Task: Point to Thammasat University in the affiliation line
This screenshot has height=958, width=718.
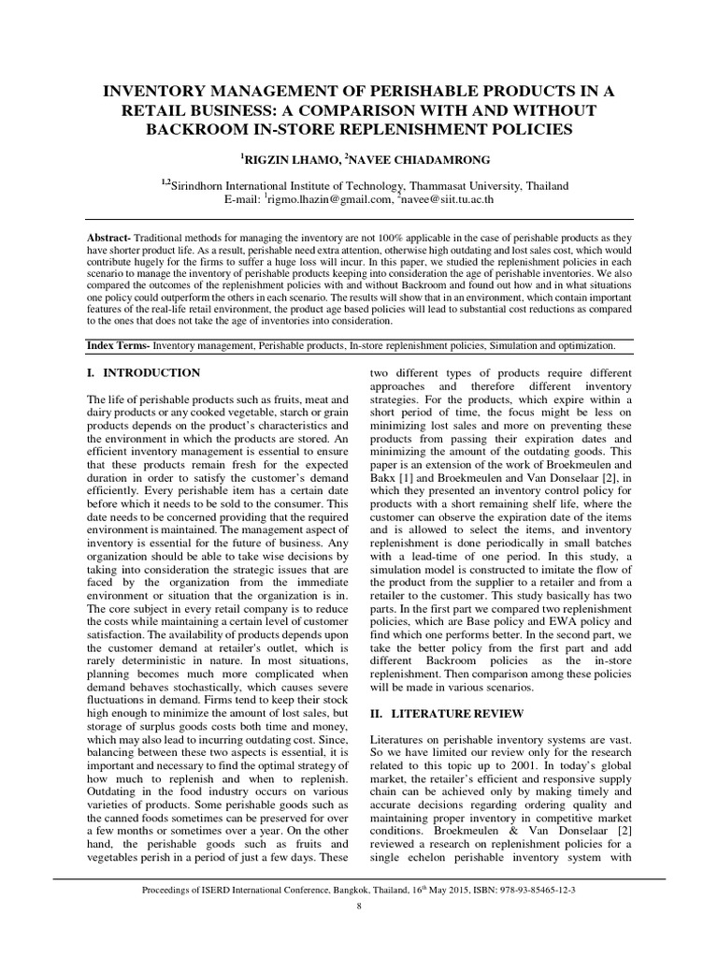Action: coord(446,186)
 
